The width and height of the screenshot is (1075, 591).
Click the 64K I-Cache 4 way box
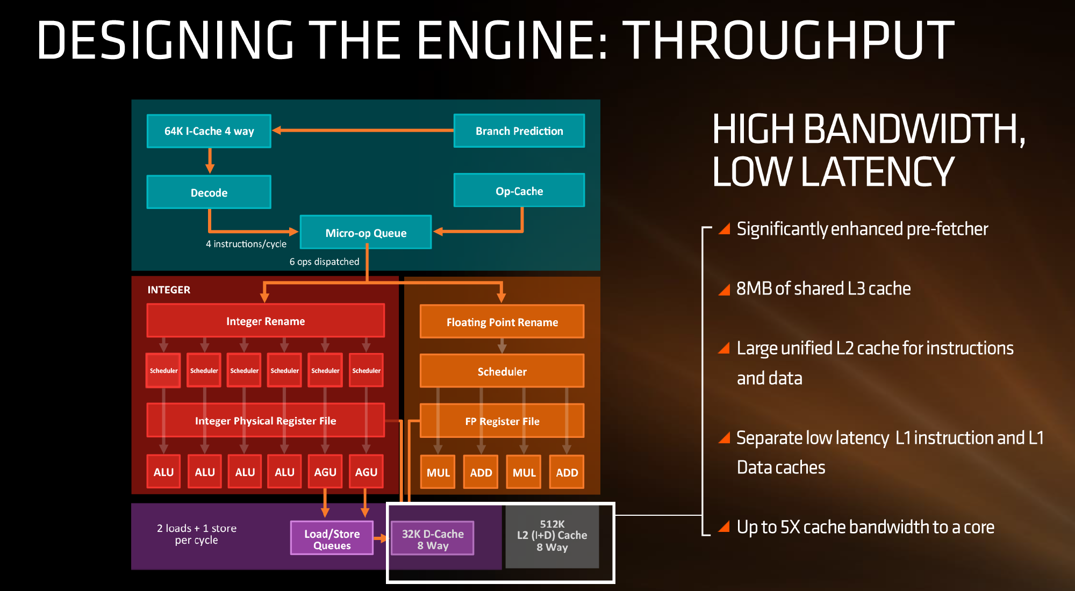coord(209,131)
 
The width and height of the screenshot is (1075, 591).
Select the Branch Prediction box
coord(519,131)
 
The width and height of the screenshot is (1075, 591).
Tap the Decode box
coord(209,192)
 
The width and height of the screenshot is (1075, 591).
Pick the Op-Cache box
coord(519,191)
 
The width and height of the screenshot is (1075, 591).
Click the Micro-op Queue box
coord(365,233)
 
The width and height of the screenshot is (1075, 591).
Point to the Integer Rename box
coord(266,321)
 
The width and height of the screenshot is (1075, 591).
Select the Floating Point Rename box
coord(502,322)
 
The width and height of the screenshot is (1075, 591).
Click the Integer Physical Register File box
coord(266,421)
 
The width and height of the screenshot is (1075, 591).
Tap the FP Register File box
coord(502,421)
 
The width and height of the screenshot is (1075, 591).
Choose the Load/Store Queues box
coord(332,539)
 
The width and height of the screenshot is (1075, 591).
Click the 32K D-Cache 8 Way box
coord(433,539)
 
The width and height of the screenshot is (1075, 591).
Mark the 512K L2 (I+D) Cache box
coord(552,536)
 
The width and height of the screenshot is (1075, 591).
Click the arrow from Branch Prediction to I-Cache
coord(363,130)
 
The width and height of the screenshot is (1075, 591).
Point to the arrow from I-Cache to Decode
coord(210,160)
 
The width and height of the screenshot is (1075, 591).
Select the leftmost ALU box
coord(163,472)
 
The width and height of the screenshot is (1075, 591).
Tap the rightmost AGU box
coord(366,472)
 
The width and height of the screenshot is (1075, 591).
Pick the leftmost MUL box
coord(438,472)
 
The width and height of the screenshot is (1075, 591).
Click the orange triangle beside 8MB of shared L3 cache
coord(724,290)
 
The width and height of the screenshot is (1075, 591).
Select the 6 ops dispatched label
coord(324,262)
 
